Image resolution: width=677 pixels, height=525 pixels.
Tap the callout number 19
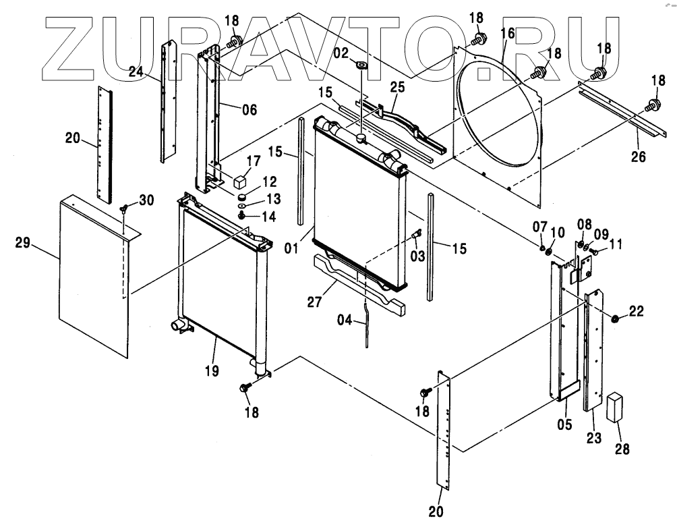[212, 370]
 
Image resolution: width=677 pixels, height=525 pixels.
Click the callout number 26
[637, 157]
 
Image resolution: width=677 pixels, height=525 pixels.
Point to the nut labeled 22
[616, 318]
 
